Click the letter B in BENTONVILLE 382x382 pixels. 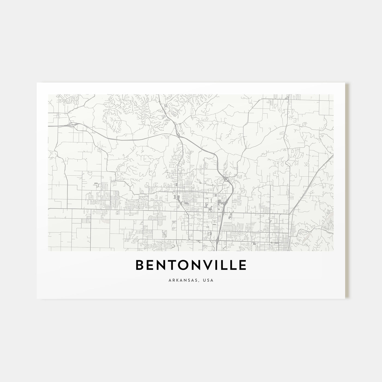click(140, 265)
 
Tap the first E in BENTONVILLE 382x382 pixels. click(151, 265)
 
